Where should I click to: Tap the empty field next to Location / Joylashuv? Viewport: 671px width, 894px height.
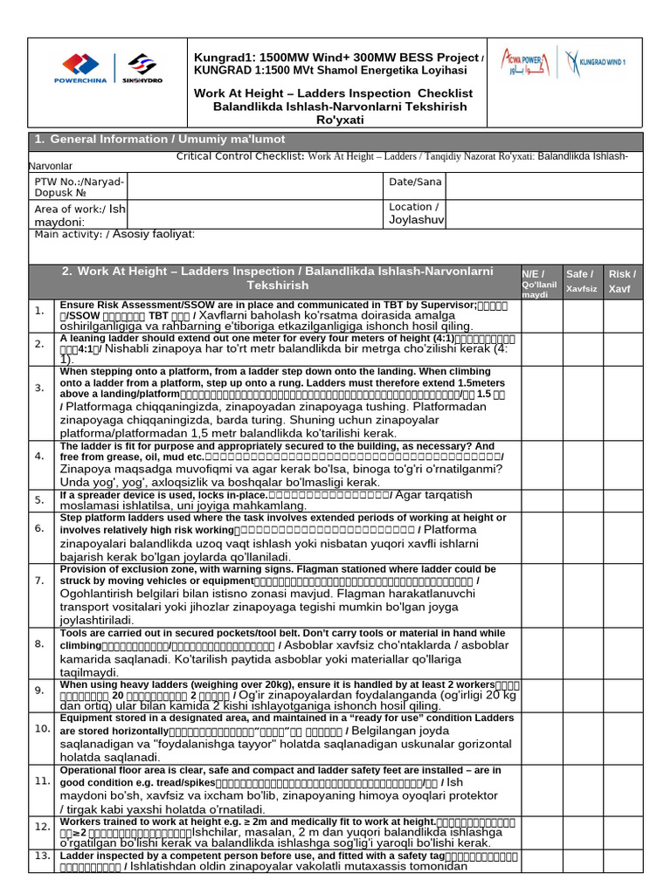click(x=543, y=214)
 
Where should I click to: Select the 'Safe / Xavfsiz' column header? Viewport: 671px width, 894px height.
click(x=581, y=280)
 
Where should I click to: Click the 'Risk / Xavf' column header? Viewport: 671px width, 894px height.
click(x=622, y=280)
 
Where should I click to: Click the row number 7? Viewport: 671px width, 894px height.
click(x=39, y=581)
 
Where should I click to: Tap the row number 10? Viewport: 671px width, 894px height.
click(x=41, y=728)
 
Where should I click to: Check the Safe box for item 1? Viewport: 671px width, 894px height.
click(x=581, y=311)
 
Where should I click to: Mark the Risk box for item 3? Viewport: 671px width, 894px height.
click(x=622, y=387)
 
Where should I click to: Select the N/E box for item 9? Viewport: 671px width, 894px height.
click(x=540, y=690)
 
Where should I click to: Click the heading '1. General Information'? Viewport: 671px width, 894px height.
click(x=160, y=140)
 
